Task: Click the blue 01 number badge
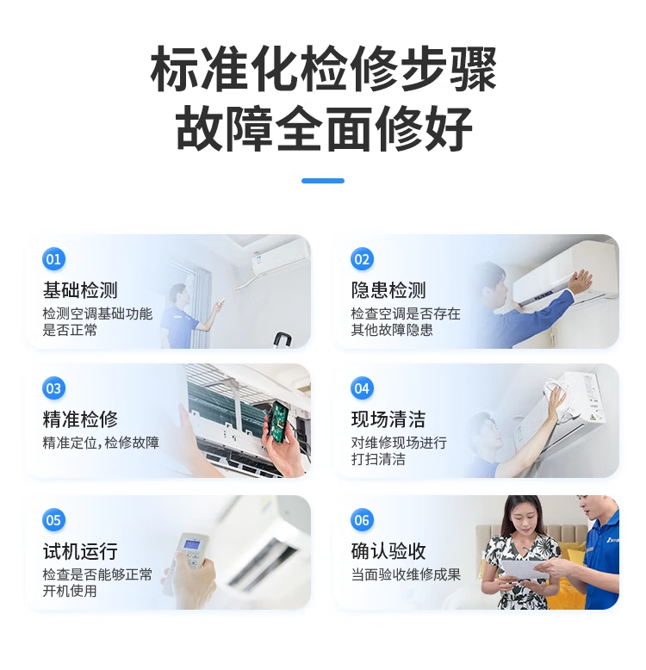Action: point(54,259)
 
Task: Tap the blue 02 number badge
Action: point(362,259)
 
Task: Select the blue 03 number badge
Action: point(54,388)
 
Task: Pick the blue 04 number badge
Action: point(362,388)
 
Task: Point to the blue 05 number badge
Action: point(54,520)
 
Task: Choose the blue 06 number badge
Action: point(362,520)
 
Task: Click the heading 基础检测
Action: point(80,290)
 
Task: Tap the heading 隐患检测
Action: point(388,290)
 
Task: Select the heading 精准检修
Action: point(80,419)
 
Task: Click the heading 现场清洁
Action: point(388,419)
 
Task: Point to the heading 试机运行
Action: point(80,551)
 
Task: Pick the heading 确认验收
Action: point(388,551)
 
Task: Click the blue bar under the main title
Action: point(323,181)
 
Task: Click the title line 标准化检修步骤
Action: point(323,69)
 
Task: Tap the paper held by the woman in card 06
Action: point(524,569)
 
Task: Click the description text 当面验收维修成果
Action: point(406,574)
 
